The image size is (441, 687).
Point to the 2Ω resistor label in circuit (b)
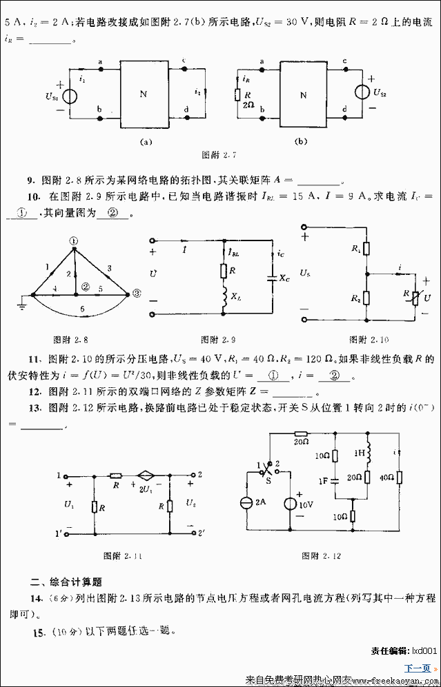coord(248,105)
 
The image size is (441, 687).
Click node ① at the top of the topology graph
coord(75,240)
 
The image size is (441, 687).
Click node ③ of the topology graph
coord(136,293)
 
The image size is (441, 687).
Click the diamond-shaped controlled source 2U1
coord(146,476)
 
